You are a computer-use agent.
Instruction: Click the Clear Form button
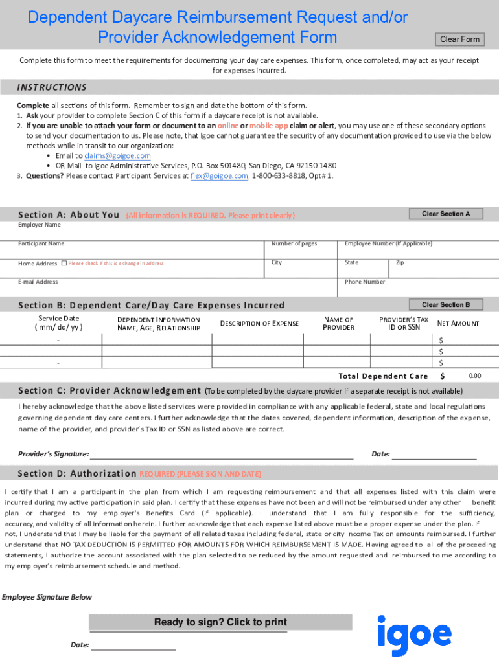click(x=459, y=39)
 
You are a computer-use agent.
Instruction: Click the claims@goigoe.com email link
click(x=117, y=156)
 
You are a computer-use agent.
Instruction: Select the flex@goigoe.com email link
click(x=219, y=175)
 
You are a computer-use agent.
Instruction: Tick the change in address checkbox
click(x=64, y=263)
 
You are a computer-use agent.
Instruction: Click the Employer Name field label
click(x=40, y=225)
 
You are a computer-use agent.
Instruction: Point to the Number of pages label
click(x=294, y=243)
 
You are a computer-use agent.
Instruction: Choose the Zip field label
click(x=400, y=262)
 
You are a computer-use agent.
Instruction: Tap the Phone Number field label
click(x=365, y=282)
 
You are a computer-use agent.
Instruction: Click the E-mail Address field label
click(x=38, y=282)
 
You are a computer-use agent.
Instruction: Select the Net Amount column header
click(x=458, y=324)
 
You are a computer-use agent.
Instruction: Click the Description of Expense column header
click(x=259, y=324)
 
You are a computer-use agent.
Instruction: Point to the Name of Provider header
click(x=338, y=323)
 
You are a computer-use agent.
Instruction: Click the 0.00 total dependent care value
click(x=475, y=376)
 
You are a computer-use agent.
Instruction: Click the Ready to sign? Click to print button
click(x=220, y=622)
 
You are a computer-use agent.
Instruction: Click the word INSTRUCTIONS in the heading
click(x=52, y=87)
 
